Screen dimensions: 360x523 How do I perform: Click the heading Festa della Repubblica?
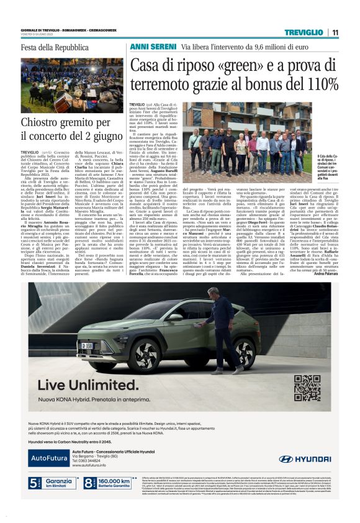click(50, 48)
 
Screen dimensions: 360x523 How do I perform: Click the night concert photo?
click(73, 85)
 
